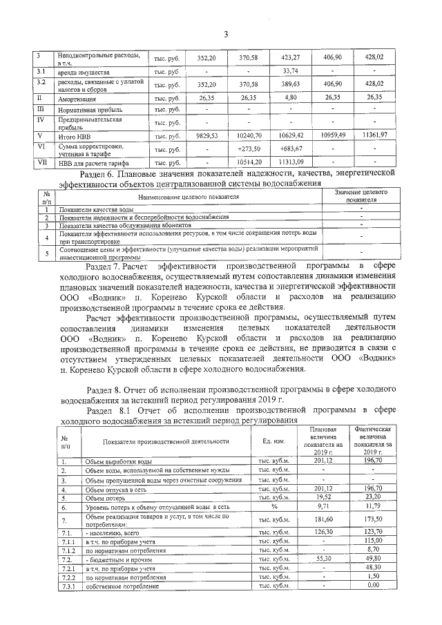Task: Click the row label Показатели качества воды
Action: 97,209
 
